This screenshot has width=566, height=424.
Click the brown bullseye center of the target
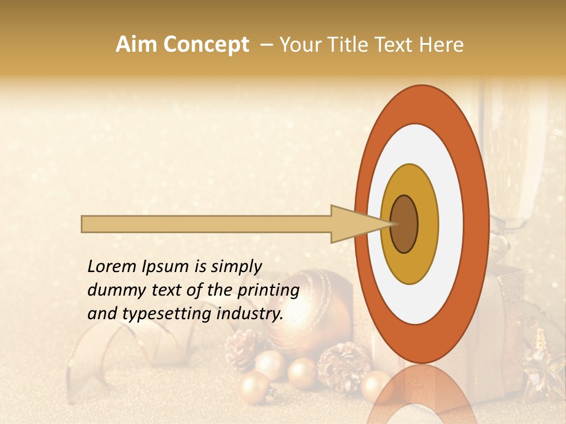(x=404, y=224)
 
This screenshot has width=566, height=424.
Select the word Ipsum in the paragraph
(x=167, y=267)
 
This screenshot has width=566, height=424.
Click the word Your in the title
(x=298, y=45)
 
